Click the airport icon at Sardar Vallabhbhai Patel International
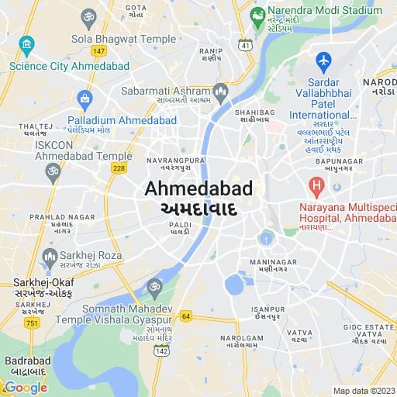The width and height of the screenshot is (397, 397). (x=323, y=60)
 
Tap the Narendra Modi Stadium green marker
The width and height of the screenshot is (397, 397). (x=258, y=15)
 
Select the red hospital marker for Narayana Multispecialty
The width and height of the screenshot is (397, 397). (x=316, y=186)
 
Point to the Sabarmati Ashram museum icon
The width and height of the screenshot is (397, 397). (x=220, y=94)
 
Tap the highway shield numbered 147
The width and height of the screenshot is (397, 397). (x=98, y=51)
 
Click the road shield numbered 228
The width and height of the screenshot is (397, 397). (x=119, y=169)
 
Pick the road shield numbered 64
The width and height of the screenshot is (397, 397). (x=185, y=316)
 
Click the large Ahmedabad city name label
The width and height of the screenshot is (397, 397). (x=198, y=189)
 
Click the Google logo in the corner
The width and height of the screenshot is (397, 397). (x=26, y=388)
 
